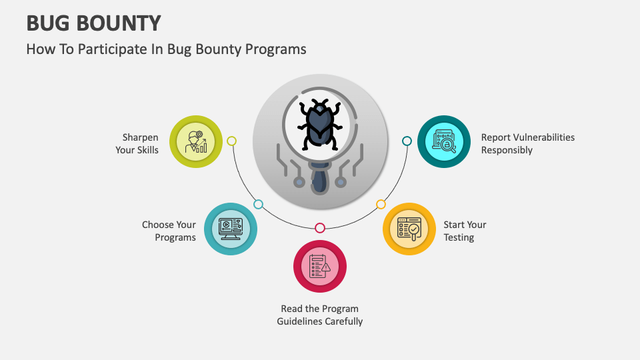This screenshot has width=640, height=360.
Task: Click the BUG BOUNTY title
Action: [93, 23]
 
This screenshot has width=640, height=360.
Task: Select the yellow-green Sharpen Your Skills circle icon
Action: [196, 141]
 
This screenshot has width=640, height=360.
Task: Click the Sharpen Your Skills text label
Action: [137, 144]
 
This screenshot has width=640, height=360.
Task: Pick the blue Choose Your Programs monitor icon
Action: [230, 229]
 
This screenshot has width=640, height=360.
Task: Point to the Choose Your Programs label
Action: [169, 231]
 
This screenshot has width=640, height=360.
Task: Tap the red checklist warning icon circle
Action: [320, 266]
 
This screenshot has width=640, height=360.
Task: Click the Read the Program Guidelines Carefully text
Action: [320, 315]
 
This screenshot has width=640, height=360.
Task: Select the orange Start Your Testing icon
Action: [409, 229]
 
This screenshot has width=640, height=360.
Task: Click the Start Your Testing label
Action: [465, 231]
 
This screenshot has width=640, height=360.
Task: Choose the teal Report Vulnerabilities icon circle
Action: [444, 141]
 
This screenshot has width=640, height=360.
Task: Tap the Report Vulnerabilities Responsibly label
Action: [527, 143]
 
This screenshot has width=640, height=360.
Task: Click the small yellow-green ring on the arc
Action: [231, 141]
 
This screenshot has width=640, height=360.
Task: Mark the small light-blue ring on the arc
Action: [258, 204]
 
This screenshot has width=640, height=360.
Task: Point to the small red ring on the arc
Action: [320, 228]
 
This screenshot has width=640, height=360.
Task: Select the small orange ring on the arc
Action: [381, 204]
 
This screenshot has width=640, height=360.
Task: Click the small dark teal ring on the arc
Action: [407, 141]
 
